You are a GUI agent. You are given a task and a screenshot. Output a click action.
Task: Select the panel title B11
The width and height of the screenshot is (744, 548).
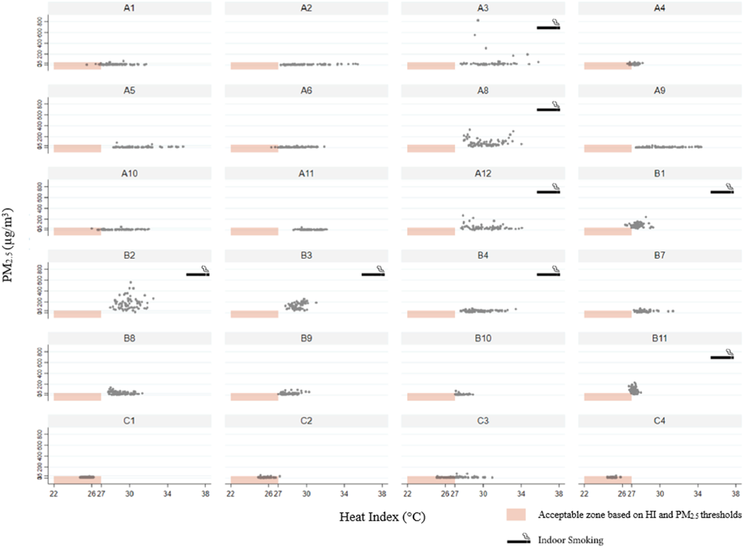[x=659, y=338]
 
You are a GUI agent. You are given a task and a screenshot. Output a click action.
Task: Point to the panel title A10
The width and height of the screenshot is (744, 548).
[x=129, y=173]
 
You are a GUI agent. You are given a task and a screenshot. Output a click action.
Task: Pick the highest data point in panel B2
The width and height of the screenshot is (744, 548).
[x=131, y=282]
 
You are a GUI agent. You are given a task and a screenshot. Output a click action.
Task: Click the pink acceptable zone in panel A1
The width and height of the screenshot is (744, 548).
[x=77, y=66]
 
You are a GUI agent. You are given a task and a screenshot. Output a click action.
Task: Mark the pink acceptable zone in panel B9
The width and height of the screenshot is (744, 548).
[x=254, y=397]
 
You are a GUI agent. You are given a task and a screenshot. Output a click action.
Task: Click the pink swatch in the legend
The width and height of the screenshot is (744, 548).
[x=516, y=515]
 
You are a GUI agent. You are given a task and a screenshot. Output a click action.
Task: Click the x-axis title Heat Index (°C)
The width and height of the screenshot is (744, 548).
[x=382, y=517]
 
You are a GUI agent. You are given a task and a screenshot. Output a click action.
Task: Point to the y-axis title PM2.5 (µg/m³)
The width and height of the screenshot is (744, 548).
[x=8, y=245]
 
